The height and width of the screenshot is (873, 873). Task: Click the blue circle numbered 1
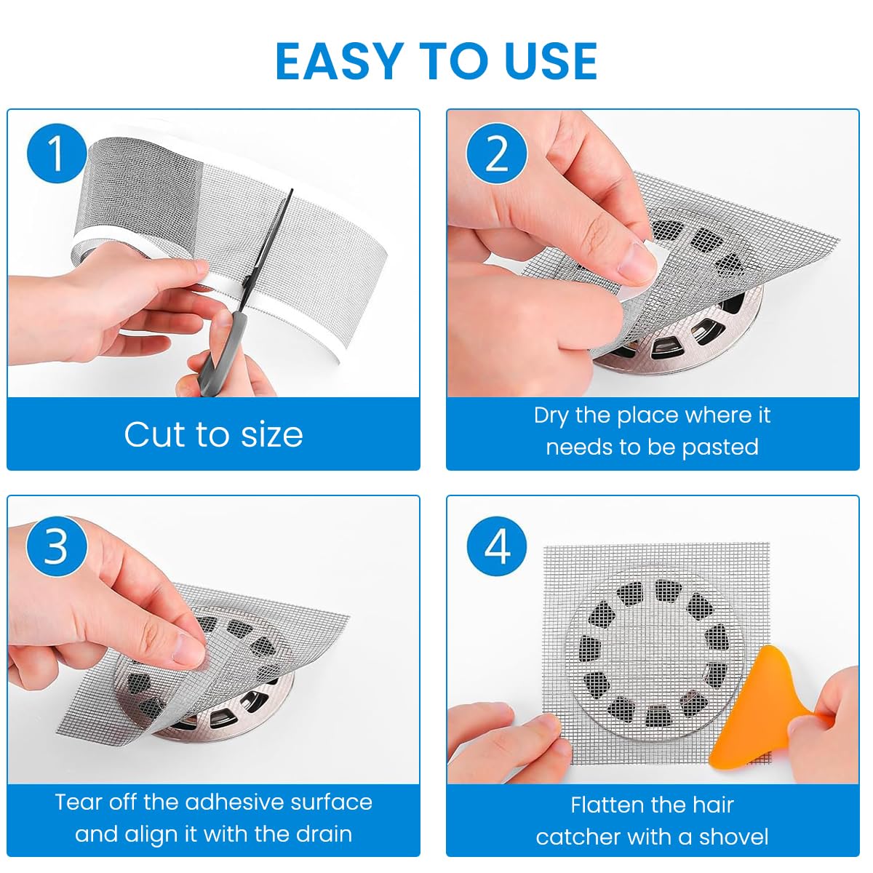[57, 154]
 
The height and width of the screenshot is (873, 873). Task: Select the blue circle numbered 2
[497, 154]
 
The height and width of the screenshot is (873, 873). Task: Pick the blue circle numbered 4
[497, 546]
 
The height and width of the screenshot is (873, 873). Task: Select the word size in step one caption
[271, 434]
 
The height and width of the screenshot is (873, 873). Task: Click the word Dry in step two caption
[551, 415]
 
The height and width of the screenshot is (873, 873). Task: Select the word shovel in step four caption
[733, 837]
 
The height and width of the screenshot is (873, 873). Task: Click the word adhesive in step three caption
[234, 802]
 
